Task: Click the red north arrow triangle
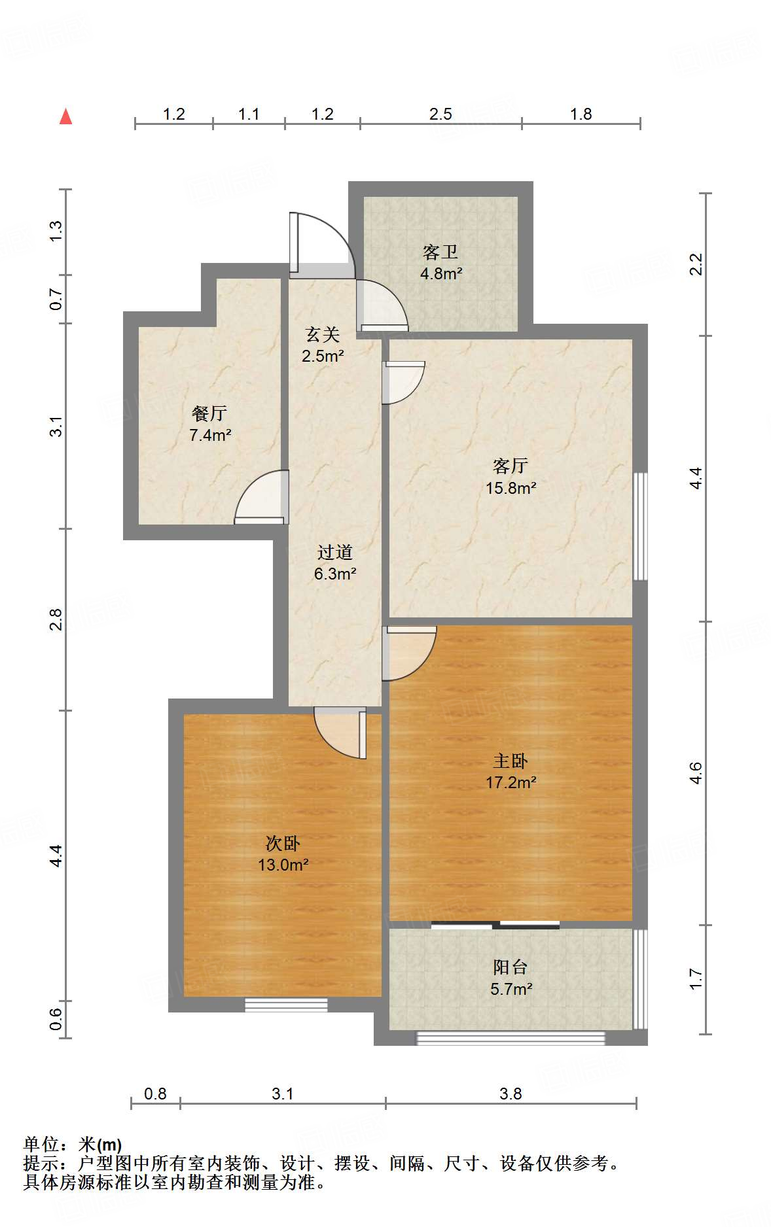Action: [65, 116]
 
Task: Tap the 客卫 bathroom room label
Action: [440, 252]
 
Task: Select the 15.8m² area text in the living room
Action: [511, 488]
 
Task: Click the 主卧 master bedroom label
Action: [511, 761]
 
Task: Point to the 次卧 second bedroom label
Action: [283, 843]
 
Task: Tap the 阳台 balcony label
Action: [511, 967]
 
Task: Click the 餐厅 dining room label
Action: [209, 413]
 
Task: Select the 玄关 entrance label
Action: [323, 335]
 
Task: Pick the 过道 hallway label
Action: [335, 552]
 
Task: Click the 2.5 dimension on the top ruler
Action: [440, 114]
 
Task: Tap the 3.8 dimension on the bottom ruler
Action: [511, 1094]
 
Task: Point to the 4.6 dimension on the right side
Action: [696, 773]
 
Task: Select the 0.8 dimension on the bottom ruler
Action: [155, 1094]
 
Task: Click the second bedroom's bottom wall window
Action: [286, 1005]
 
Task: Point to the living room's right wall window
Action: [641, 527]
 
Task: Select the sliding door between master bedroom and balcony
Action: [495, 925]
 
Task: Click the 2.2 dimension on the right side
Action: [696, 264]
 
